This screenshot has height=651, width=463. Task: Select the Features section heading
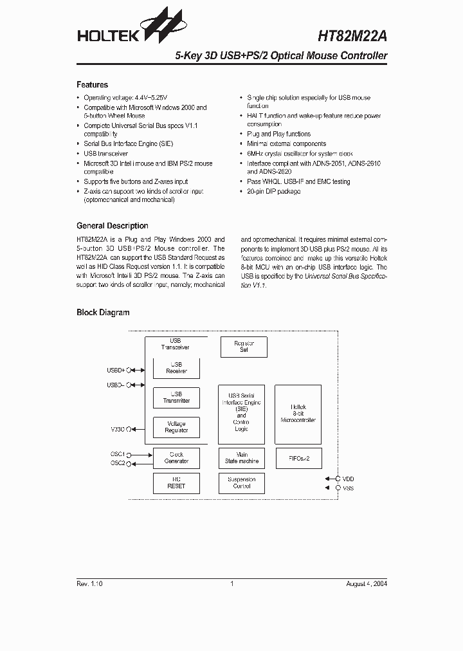(x=92, y=85)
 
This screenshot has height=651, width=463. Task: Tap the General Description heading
(x=112, y=226)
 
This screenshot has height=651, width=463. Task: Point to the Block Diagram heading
(x=103, y=313)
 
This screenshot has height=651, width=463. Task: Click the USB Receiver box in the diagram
(x=176, y=368)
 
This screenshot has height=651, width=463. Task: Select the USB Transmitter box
(x=176, y=398)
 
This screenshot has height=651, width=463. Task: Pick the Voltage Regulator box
(x=176, y=427)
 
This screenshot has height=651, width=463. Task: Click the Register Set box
(x=244, y=347)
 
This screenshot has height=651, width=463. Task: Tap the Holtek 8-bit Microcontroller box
(x=298, y=414)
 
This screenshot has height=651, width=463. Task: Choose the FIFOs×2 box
(x=298, y=458)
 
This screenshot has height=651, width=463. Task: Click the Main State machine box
(x=242, y=458)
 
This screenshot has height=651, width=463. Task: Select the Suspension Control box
(x=242, y=483)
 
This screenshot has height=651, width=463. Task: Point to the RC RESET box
(x=176, y=483)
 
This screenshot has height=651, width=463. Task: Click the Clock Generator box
(x=176, y=458)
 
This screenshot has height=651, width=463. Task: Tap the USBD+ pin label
(x=116, y=370)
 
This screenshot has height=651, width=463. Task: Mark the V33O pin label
(x=118, y=429)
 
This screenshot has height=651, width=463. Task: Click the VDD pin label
(x=348, y=479)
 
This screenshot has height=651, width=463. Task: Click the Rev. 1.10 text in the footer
(x=89, y=584)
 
